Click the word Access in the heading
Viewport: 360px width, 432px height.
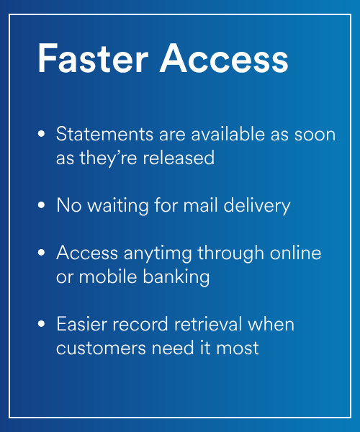point(224,58)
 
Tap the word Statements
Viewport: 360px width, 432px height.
point(104,134)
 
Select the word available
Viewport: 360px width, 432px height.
point(228,134)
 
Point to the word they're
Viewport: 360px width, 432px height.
point(108,158)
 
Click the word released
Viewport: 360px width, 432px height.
point(179,158)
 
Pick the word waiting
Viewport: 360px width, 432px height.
point(118,206)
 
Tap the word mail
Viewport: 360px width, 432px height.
point(200,205)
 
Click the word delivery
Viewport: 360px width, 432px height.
point(257,206)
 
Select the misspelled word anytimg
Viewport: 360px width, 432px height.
point(158,253)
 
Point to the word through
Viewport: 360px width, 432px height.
point(231,253)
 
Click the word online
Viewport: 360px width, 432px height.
point(295,253)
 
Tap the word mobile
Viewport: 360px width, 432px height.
point(108,276)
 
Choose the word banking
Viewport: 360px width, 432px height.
point(176,277)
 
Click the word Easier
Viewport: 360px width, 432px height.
point(81,324)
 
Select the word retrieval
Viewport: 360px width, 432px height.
point(207,324)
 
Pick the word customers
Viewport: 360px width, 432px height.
point(101,348)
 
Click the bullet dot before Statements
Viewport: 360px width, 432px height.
point(41,134)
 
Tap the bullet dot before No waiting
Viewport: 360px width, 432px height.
point(41,205)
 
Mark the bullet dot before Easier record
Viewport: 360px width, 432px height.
point(41,324)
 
